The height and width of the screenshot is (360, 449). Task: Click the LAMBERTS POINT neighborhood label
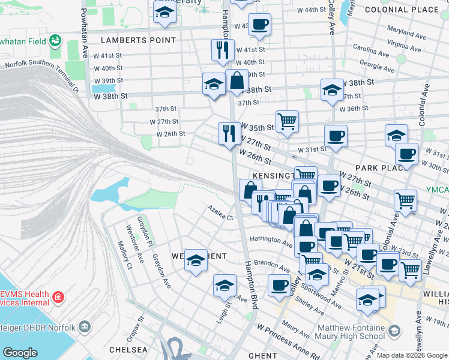[139, 40]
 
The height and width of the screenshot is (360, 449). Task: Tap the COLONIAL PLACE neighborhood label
[410, 10]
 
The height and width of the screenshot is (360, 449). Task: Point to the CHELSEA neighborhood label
[128, 349]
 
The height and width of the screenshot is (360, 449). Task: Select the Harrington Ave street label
[271, 239]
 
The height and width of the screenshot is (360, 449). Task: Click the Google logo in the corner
[20, 353]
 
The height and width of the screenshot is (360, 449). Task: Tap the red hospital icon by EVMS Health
[58, 297]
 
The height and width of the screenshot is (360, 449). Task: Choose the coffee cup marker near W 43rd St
[259, 25]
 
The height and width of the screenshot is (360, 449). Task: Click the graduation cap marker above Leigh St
[224, 284]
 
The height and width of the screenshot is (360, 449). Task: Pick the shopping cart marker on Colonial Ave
[406, 200]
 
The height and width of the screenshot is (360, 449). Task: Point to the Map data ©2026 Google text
[412, 355]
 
